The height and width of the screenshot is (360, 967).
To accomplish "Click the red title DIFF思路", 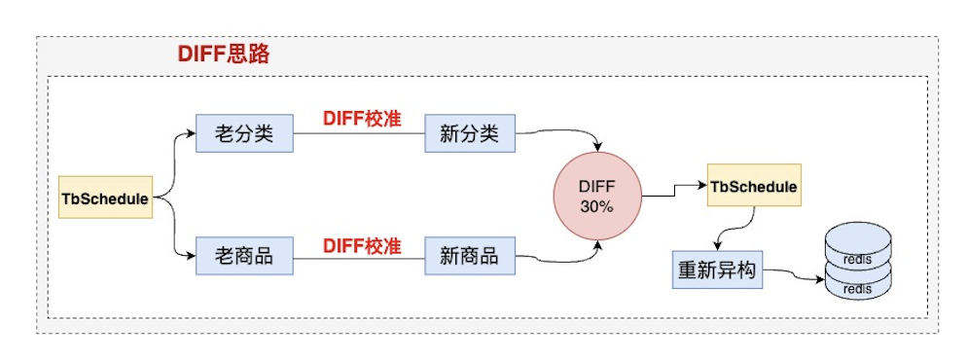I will click(x=223, y=54).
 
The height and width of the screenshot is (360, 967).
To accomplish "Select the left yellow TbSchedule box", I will click(x=106, y=198).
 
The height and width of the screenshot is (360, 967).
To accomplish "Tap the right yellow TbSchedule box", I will click(x=754, y=186).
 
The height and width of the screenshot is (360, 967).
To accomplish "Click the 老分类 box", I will click(x=244, y=133).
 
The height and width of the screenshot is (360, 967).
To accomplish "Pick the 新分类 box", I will click(x=469, y=133).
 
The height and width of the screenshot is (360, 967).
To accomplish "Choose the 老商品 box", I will click(x=244, y=257).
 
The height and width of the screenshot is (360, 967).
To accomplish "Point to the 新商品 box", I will click(x=469, y=257).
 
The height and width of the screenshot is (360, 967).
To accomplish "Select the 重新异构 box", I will click(x=718, y=270).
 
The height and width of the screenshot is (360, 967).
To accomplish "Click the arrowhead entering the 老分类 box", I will click(x=191, y=134).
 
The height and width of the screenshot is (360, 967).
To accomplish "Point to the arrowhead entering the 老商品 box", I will click(x=191, y=257).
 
